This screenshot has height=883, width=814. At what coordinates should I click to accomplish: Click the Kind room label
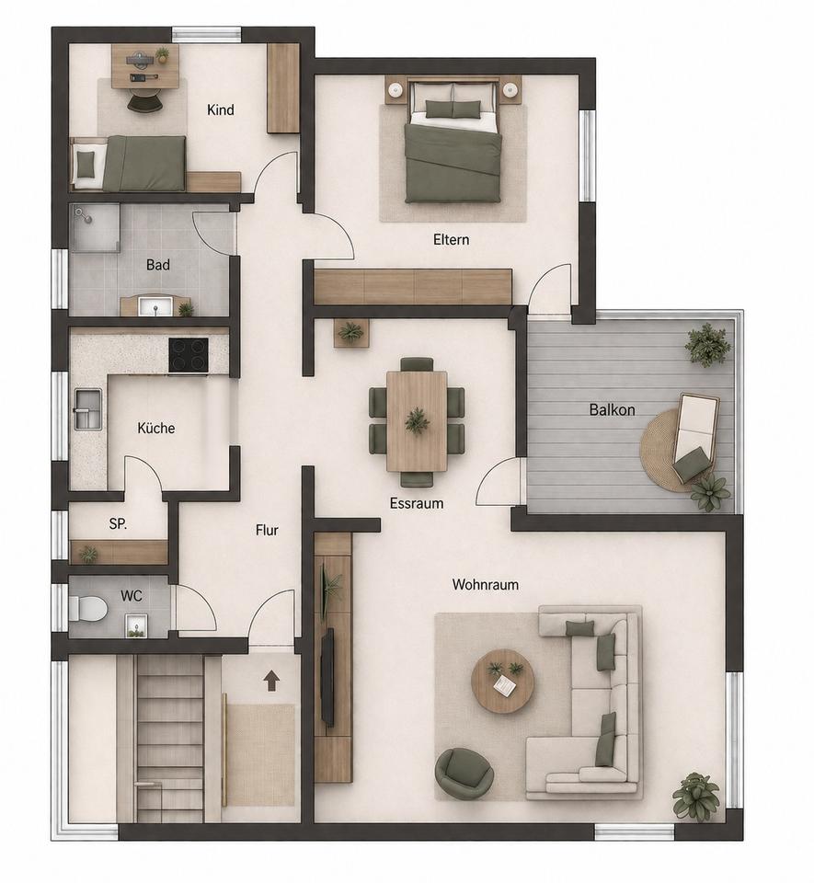click(x=221, y=109)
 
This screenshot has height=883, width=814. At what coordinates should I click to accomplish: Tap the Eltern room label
click(x=451, y=239)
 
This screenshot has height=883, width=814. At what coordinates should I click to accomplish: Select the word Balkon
click(x=612, y=409)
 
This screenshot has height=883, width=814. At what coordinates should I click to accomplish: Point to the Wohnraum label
click(x=486, y=585)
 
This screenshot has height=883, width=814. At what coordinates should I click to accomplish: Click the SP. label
click(x=118, y=523)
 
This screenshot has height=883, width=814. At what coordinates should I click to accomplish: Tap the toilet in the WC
click(x=87, y=608)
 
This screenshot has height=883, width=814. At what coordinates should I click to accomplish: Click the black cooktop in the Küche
click(x=188, y=355)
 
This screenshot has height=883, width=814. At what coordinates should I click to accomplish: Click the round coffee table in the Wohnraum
click(x=501, y=682)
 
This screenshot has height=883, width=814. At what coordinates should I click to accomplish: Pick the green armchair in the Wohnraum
click(x=465, y=772)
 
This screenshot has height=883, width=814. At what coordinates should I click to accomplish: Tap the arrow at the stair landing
click(x=271, y=681)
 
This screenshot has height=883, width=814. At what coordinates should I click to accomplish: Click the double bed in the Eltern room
click(x=453, y=142)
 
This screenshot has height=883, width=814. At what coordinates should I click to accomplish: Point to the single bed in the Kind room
click(x=129, y=163)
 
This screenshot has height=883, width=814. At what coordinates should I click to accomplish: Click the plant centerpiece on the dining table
click(x=417, y=420)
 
